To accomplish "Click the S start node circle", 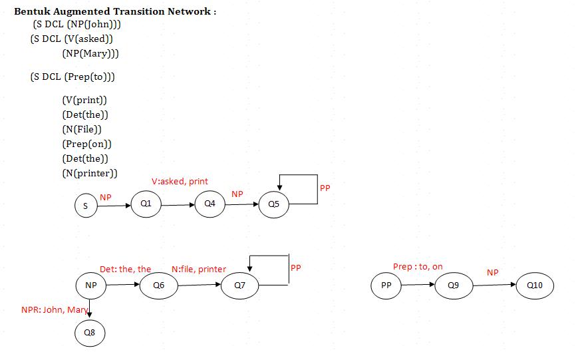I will [85, 206].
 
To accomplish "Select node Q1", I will [146, 204].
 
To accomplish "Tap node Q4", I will [210, 204].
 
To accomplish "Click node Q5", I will [274, 204].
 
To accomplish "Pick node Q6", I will [158, 285].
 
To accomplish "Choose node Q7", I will [240, 285].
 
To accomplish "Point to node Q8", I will [90, 332].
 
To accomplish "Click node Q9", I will [453, 285].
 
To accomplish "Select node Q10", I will [535, 285].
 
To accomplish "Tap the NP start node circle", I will [90, 285].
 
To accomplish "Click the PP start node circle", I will [386, 286].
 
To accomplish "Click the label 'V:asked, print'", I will [180, 181].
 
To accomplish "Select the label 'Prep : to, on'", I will [418, 267].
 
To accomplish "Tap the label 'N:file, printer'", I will [199, 270].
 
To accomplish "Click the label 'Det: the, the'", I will [125, 270].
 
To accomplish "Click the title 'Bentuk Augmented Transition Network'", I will [115, 12].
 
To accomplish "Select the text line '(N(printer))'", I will [89, 174].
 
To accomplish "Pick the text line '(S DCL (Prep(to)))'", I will [72, 77].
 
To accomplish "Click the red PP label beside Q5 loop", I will [325, 188].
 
